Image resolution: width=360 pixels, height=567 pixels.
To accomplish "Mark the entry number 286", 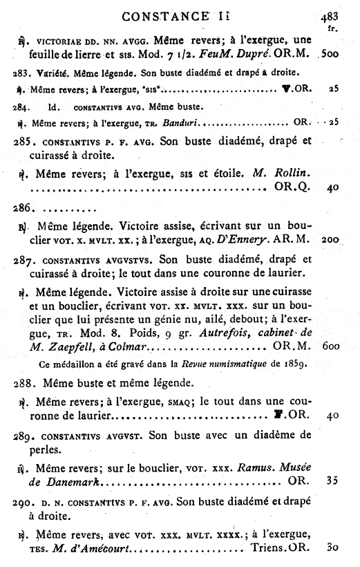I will tap(23, 207).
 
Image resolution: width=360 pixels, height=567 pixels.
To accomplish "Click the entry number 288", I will tap(24, 382).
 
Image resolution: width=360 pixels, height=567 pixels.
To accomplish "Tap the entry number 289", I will tap(24, 436).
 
